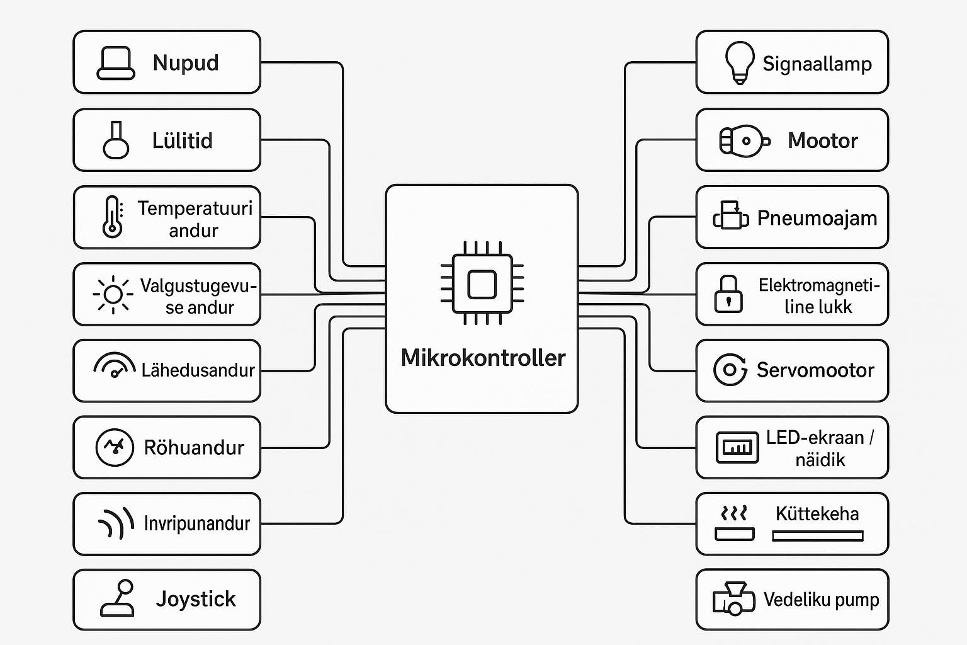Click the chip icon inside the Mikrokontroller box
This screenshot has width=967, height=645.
482,284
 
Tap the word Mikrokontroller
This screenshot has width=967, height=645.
483,358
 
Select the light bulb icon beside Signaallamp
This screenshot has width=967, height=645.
739,62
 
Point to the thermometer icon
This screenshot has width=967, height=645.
112,217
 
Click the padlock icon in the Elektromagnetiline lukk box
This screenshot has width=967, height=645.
728,294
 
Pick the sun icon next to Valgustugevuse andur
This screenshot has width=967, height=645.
113,294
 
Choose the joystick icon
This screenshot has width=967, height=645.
118,598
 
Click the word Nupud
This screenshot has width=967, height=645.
186,63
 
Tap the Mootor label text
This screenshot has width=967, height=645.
822,140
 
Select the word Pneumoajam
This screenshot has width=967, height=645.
817,218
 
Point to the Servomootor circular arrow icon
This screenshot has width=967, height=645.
730,370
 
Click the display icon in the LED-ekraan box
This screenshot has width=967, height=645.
737,447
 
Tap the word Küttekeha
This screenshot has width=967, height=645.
817,514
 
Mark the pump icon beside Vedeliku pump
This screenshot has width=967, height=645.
733,598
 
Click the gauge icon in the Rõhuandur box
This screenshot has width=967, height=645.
115,447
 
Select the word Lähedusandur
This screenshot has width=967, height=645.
198,370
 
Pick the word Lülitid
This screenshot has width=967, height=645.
182,140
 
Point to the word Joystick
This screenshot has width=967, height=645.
196,599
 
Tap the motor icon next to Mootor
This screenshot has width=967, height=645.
744,140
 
